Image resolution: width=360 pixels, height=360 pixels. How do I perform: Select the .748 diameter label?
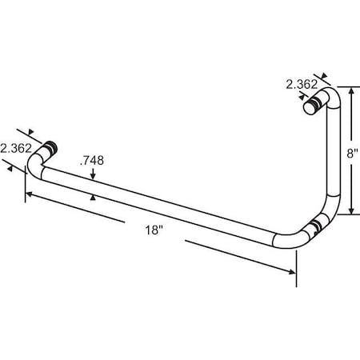(92, 159)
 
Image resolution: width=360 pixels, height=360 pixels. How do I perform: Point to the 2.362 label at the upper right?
(302, 82)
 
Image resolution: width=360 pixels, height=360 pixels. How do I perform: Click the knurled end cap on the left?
(51, 148)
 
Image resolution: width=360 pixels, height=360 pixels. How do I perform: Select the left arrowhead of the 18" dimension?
(29, 194)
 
